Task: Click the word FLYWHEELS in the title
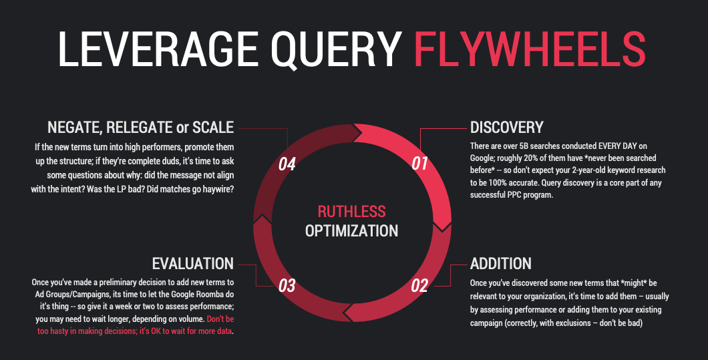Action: click(x=530, y=49)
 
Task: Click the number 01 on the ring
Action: click(x=419, y=162)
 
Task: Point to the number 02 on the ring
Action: click(x=419, y=286)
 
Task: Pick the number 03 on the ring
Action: click(x=287, y=286)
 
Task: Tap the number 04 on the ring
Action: click(x=287, y=164)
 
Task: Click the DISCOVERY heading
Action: click(x=507, y=127)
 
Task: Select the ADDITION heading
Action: click(x=501, y=263)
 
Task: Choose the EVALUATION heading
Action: click(x=193, y=263)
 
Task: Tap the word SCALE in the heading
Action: click(x=212, y=127)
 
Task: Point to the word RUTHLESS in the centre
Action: click(x=351, y=212)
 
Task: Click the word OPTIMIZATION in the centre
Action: click(x=351, y=231)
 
